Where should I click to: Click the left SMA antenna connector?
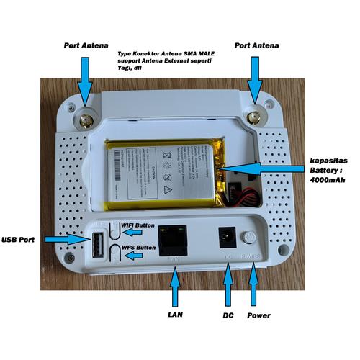[85, 120]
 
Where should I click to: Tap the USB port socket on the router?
[95, 246]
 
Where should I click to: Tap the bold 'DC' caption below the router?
[228, 316]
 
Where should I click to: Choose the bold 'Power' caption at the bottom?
[259, 316]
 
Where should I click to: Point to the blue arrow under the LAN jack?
[173, 288]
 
